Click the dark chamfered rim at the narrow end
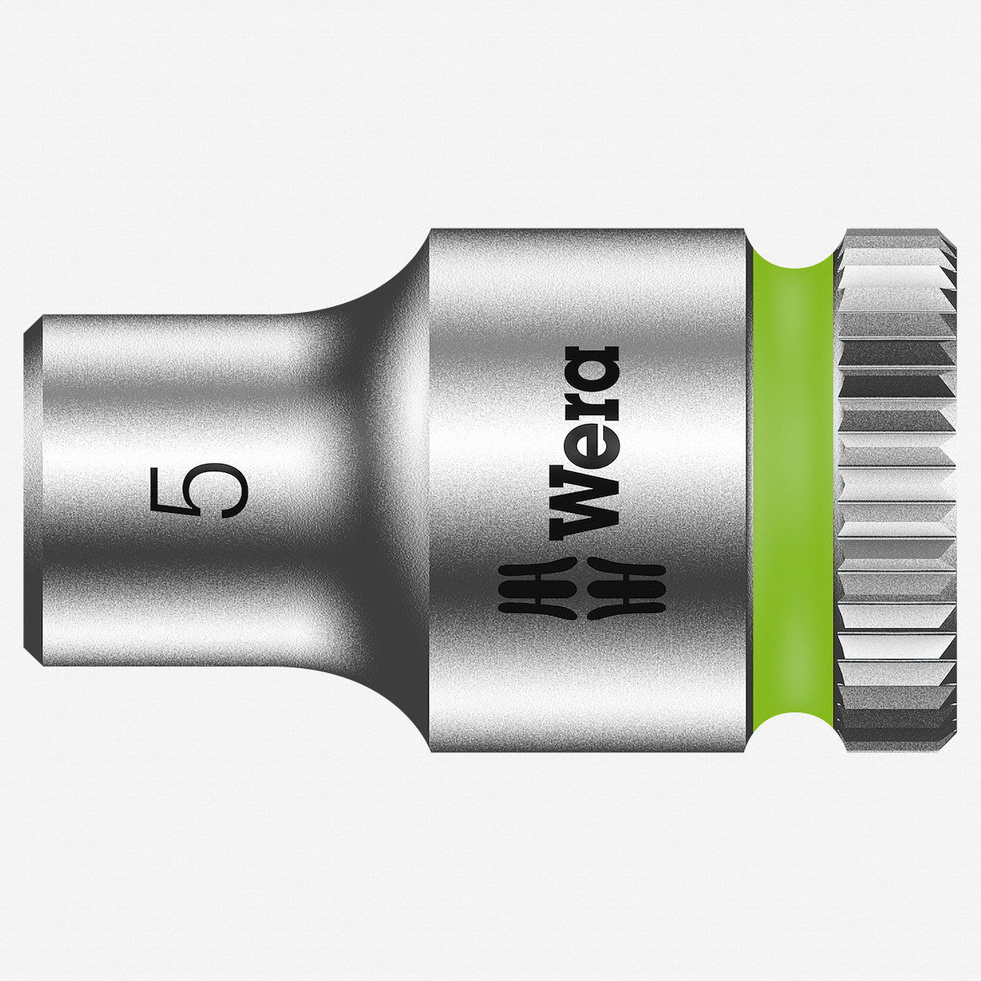(x=33, y=492)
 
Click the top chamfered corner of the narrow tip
(x=33, y=325)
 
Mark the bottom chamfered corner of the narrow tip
(x=33, y=659)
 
